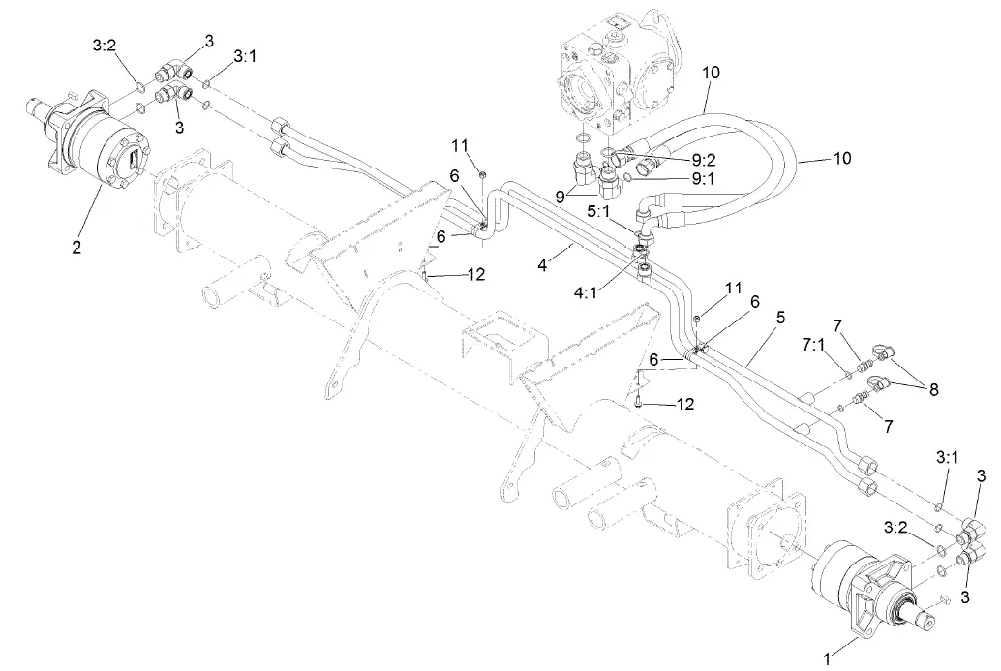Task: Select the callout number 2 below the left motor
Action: [x=76, y=246]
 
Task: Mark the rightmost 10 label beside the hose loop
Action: [x=842, y=158]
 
